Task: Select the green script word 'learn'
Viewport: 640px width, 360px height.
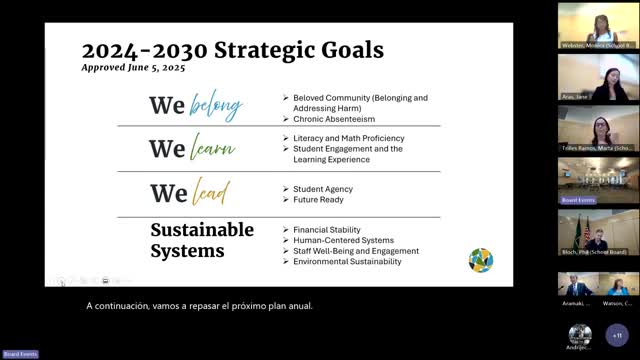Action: coord(213,150)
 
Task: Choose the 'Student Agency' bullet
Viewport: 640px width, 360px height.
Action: coord(322,188)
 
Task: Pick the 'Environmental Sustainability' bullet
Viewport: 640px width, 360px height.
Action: coord(347,262)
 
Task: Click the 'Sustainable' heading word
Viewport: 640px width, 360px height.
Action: coord(202,230)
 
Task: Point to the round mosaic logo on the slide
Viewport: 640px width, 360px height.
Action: coord(481,260)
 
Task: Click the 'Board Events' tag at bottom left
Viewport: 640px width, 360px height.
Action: coord(20,354)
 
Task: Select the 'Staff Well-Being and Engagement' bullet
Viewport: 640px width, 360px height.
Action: coord(356,251)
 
